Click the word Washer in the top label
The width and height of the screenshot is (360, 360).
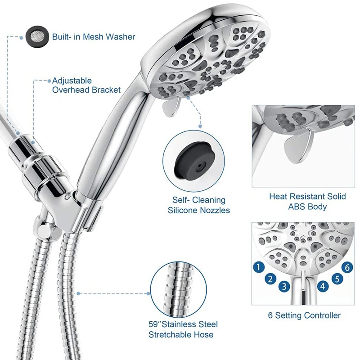click(120, 37)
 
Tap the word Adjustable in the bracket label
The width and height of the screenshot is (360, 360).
click(72, 81)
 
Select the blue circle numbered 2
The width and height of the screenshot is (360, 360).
click(270, 279)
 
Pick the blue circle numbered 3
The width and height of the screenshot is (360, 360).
click(284, 286)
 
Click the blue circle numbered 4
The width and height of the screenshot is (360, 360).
click(322, 286)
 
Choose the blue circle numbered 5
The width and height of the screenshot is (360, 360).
click(336, 279)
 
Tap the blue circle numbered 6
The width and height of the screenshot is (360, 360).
click(346, 267)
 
